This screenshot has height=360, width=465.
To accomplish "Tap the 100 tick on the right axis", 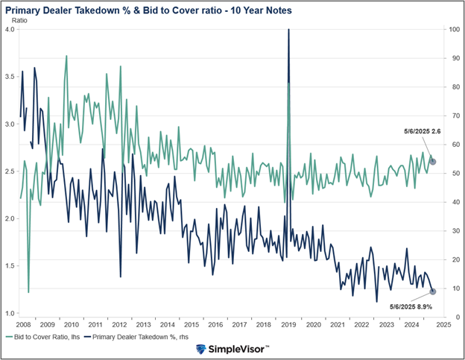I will [453, 29].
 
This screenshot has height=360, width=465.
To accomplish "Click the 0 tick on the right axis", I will [449, 317].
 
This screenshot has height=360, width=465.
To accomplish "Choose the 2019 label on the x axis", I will [288, 325].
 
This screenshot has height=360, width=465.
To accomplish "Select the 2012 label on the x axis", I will [118, 325].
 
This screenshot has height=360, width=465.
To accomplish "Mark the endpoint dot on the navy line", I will [433, 291].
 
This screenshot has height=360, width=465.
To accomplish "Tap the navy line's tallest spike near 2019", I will [288, 31].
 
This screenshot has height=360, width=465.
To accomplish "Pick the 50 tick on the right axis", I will [452, 173].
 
